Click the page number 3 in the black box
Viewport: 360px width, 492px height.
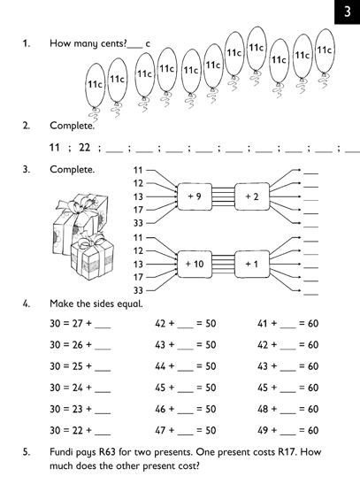(348, 12)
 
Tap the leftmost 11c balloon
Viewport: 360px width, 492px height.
(95, 85)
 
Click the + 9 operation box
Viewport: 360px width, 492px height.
(195, 196)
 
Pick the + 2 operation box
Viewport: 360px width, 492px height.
(252, 196)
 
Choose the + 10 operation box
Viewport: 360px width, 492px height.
(195, 265)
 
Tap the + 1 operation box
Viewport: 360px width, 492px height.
(252, 265)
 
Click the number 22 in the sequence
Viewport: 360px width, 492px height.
(85, 147)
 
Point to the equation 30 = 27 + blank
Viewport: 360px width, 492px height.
(80, 324)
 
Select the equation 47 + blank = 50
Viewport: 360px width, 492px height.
(186, 430)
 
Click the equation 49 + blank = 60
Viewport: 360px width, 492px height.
(287, 430)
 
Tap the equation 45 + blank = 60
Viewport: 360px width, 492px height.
(287, 388)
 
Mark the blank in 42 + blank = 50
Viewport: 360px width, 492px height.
(186, 327)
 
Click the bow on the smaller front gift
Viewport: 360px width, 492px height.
(92, 240)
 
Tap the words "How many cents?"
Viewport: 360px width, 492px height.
(88, 43)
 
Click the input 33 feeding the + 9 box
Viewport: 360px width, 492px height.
(138, 223)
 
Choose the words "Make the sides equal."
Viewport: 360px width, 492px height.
(96, 304)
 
